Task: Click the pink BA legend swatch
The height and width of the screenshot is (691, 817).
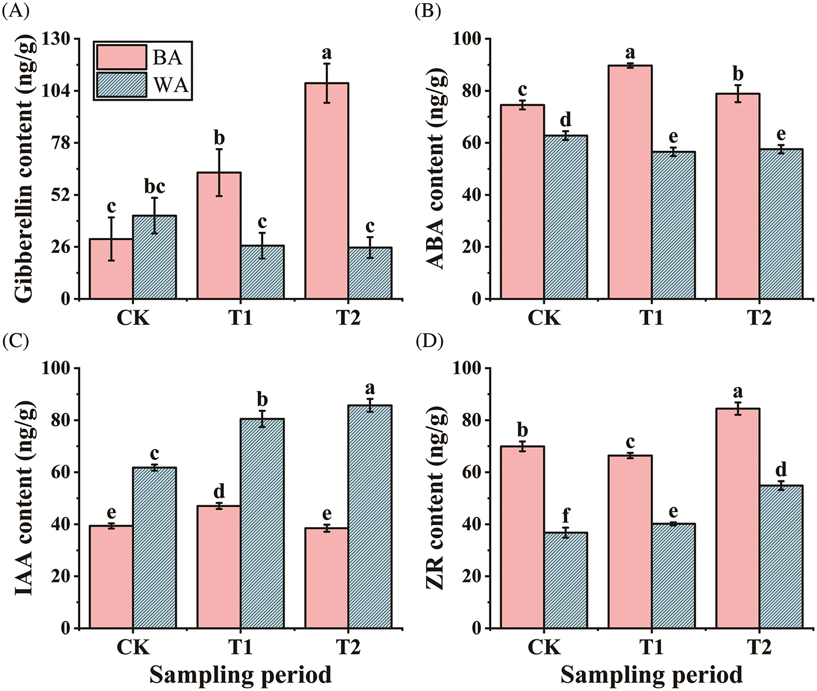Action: coord(122,56)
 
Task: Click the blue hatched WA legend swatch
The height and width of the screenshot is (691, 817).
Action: coord(122,85)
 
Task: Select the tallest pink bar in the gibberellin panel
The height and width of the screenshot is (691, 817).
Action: coord(326,190)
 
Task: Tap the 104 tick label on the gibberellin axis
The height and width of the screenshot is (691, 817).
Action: coord(57,91)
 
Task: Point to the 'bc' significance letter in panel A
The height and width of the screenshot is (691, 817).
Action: coord(155,187)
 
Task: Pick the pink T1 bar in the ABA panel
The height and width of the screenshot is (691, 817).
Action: coord(630,182)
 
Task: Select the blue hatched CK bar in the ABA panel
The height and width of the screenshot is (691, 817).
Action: coord(566,217)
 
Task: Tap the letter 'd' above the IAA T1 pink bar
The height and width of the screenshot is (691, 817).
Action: coord(219,492)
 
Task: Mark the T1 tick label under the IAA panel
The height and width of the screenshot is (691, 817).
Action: coord(240,648)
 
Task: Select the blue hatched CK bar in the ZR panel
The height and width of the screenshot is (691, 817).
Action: coord(566,580)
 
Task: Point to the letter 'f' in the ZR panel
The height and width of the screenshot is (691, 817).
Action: coord(566,516)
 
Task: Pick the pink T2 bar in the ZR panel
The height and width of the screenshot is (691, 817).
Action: coord(737,518)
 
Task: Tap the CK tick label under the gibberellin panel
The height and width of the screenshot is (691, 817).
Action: coord(133,318)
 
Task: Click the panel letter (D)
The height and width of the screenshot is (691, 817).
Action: coord(428,342)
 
